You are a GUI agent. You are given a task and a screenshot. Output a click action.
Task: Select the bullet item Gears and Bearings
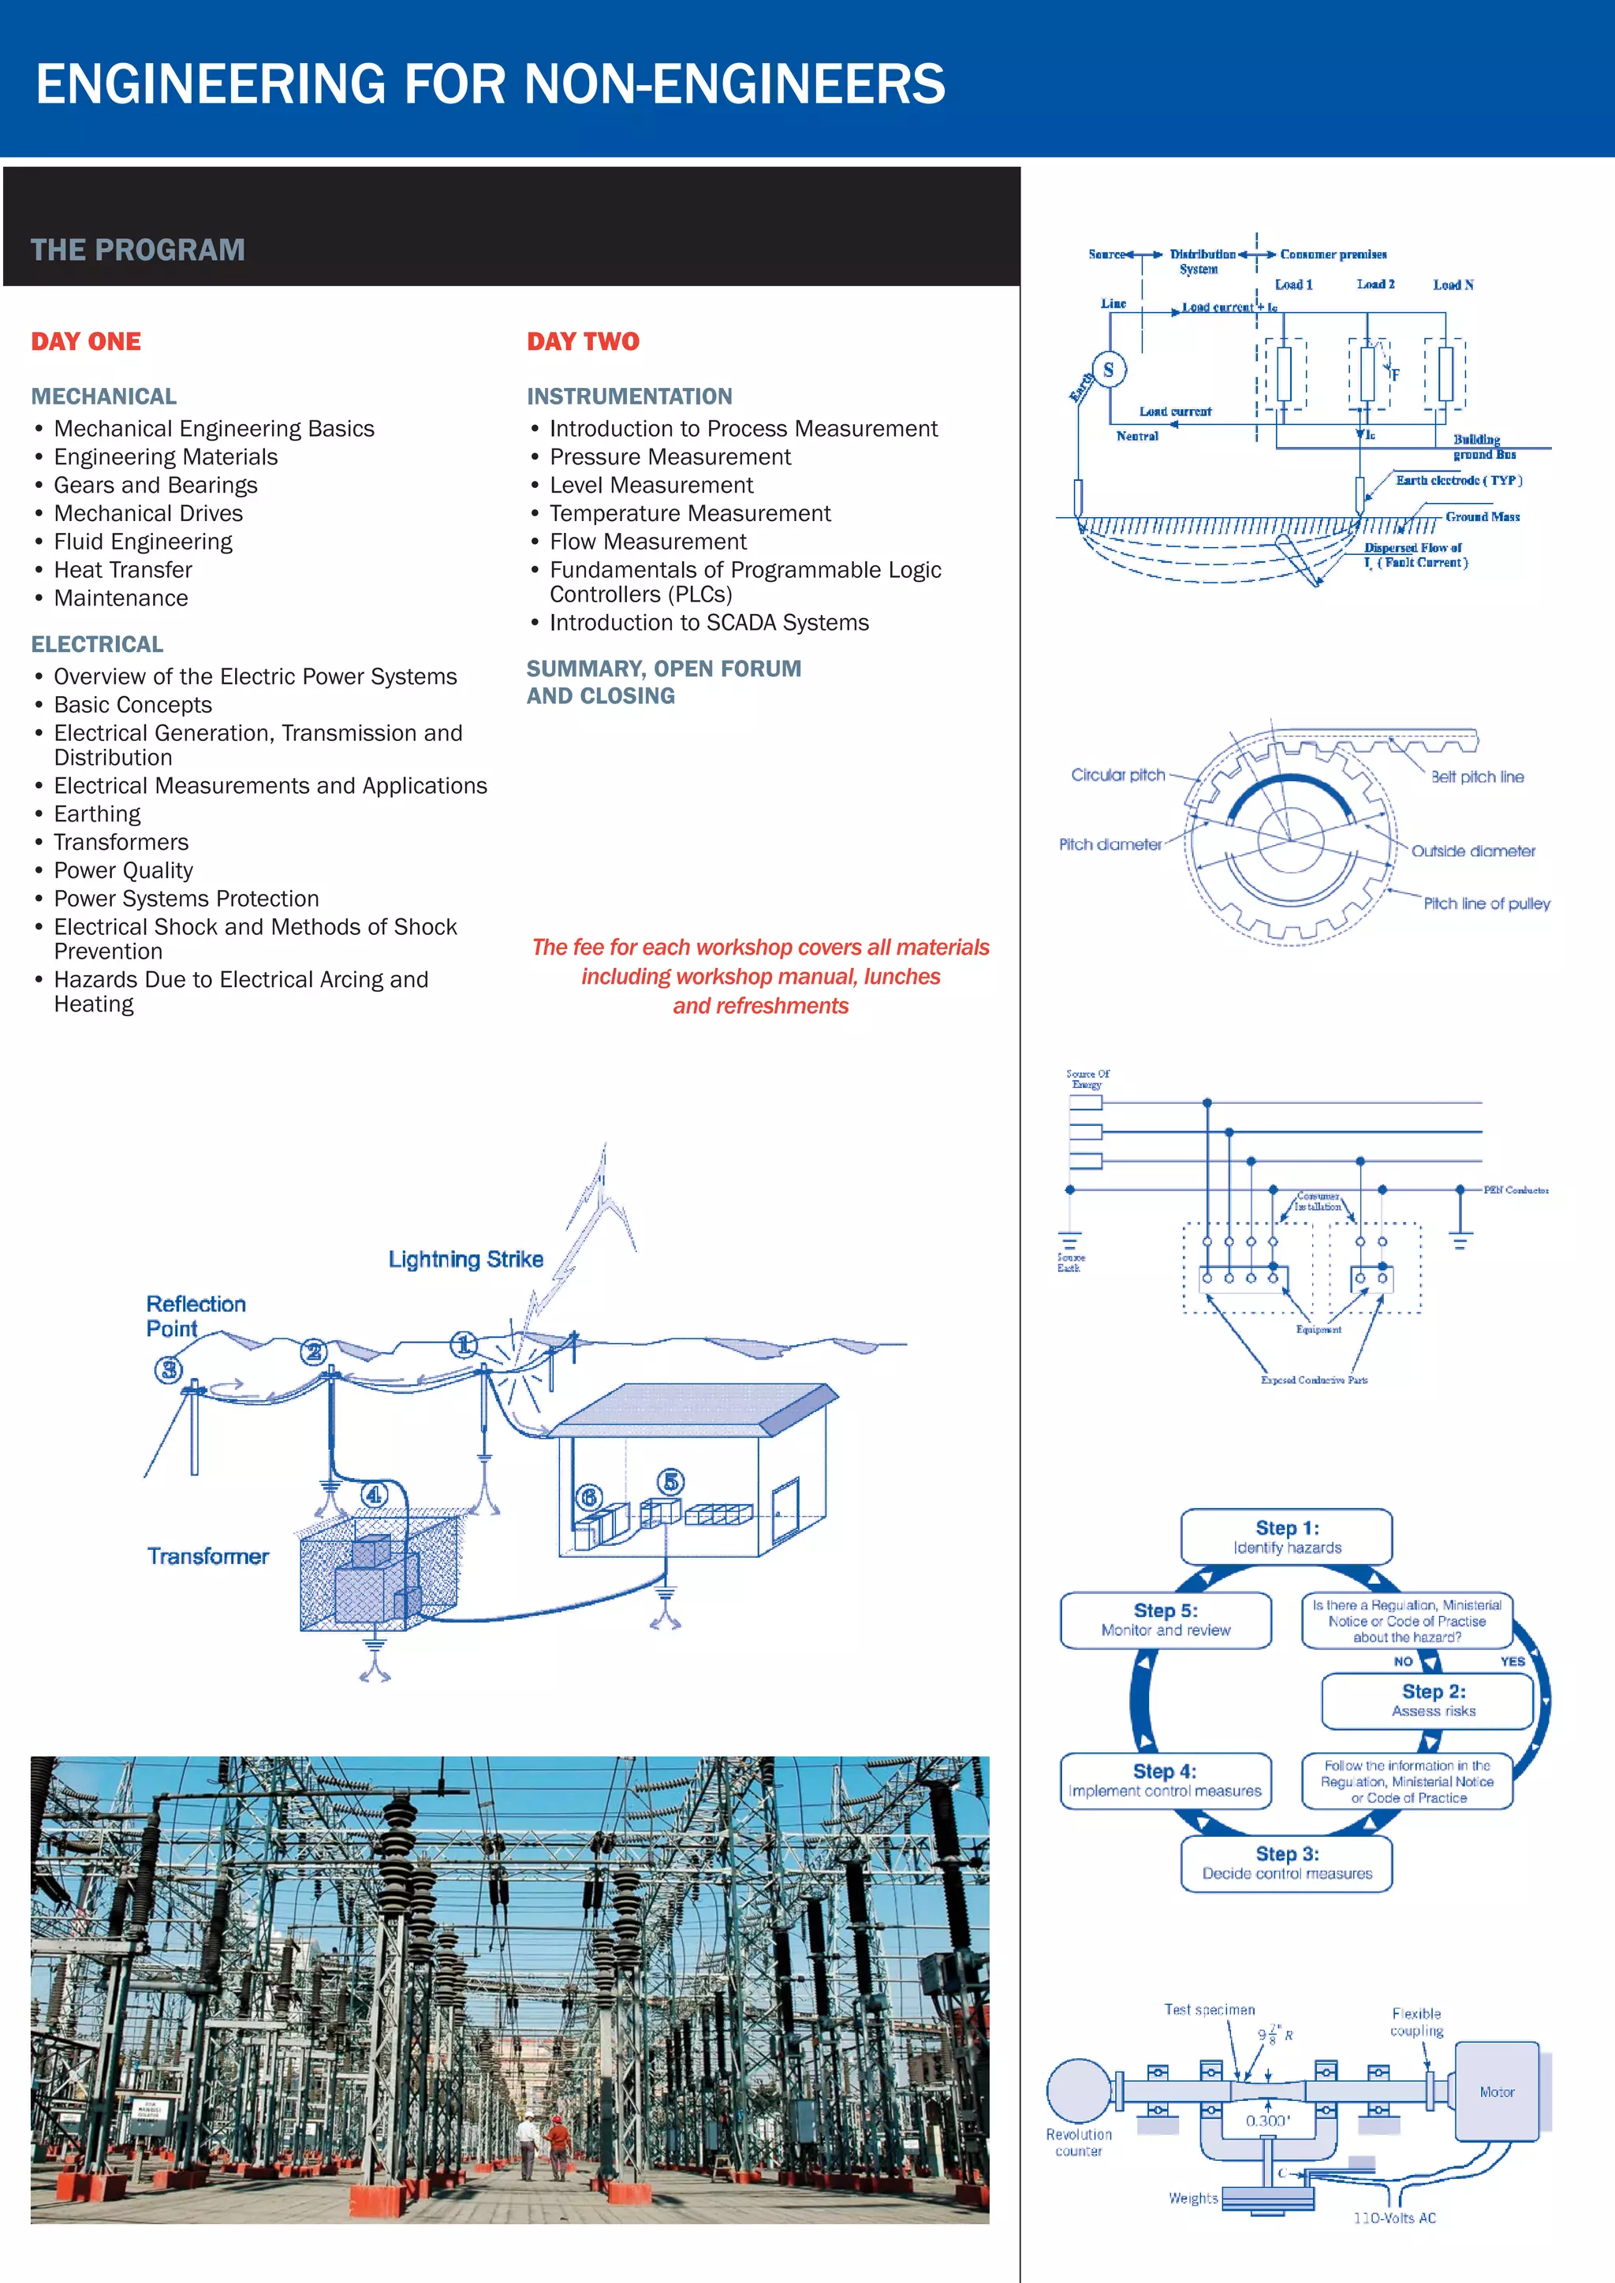[x=155, y=486]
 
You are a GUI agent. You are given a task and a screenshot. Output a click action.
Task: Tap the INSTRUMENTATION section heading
[x=628, y=397]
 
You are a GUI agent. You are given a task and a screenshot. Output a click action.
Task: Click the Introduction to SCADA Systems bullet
[x=708, y=623]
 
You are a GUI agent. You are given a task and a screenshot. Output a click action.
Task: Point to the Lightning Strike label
[x=465, y=1259]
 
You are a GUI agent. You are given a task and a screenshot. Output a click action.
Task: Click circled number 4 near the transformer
[x=374, y=1495]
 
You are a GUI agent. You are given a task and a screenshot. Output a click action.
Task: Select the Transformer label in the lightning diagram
[x=208, y=1556]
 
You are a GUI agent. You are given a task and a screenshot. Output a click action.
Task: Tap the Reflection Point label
[x=195, y=1316]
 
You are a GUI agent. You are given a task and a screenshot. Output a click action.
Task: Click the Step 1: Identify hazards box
[x=1286, y=1536]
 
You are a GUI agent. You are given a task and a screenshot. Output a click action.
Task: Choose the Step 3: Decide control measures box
[x=1286, y=1862]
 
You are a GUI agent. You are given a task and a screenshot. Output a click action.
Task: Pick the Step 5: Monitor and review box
[x=1166, y=1620]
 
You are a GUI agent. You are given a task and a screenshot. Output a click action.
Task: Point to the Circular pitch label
[x=1117, y=775]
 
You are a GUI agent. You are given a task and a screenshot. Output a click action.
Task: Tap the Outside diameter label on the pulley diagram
[x=1473, y=851]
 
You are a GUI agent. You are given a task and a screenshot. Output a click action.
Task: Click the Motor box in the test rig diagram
[x=1497, y=2092]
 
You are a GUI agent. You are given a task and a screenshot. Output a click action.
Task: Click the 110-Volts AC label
[x=1394, y=2218]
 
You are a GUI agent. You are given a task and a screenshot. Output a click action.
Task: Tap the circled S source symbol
[x=1108, y=369]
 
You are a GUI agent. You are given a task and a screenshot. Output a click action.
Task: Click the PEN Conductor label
[x=1515, y=1190]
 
